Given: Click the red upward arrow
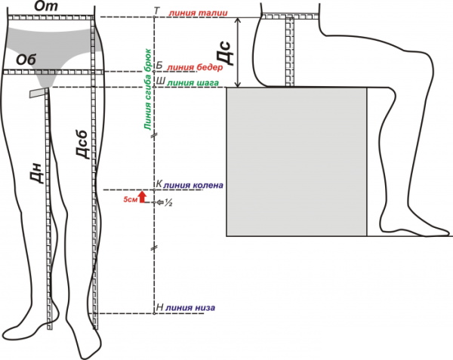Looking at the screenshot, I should coord(143,198).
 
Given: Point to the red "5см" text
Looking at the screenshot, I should coord(129,198).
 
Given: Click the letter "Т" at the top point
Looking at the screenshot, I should coord(156,11).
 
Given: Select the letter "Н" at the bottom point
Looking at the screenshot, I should coord(159,308).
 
